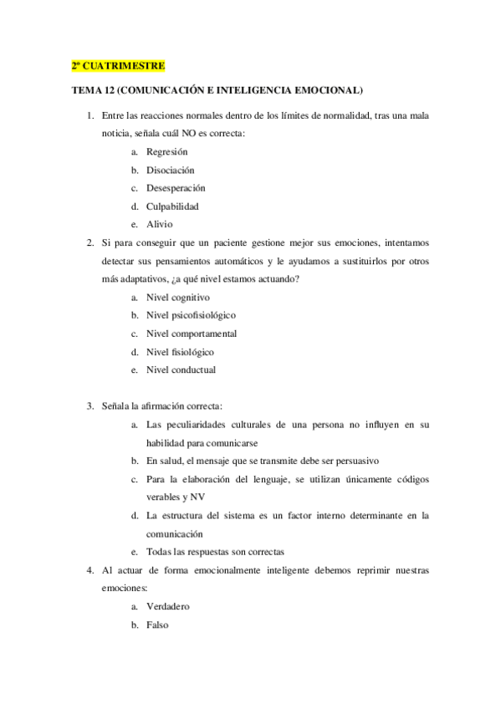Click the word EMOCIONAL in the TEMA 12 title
click(x=323, y=89)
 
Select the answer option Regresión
click(x=166, y=151)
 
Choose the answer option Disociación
click(x=170, y=170)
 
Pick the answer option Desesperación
click(x=176, y=188)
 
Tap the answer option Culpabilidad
click(x=172, y=206)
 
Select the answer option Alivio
click(x=160, y=224)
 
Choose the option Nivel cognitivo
click(x=177, y=297)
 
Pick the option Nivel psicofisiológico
click(x=191, y=315)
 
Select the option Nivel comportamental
click(x=191, y=334)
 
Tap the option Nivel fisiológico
click(x=180, y=352)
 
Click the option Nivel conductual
click(x=181, y=370)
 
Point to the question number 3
click(x=89, y=406)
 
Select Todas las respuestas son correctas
click(x=215, y=552)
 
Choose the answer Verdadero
click(x=168, y=606)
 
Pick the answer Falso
click(x=158, y=625)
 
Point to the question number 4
click(x=89, y=570)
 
